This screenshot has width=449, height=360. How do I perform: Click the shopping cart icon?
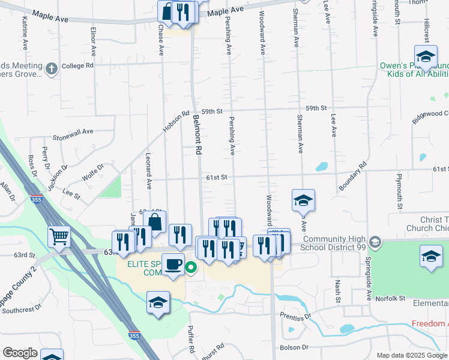(x=59, y=236)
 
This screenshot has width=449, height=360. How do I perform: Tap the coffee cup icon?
(x=173, y=264)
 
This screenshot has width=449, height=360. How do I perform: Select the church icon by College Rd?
(x=52, y=68)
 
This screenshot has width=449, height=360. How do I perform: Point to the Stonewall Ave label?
(x=73, y=131)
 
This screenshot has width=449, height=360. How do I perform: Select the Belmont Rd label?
(x=196, y=136)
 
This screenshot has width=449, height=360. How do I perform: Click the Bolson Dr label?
(x=294, y=347)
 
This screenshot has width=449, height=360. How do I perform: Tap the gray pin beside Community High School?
(x=375, y=242)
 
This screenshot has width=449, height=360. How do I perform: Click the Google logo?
(x=20, y=353)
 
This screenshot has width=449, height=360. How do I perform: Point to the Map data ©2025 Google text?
(x=411, y=355)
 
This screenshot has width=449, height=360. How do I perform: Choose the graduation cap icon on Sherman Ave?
(x=304, y=200)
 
